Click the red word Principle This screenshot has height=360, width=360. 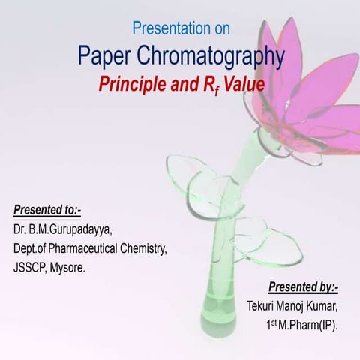[x=127, y=83]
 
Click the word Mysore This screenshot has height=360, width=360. [x=68, y=267]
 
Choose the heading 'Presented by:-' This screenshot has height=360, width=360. [x=304, y=286]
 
